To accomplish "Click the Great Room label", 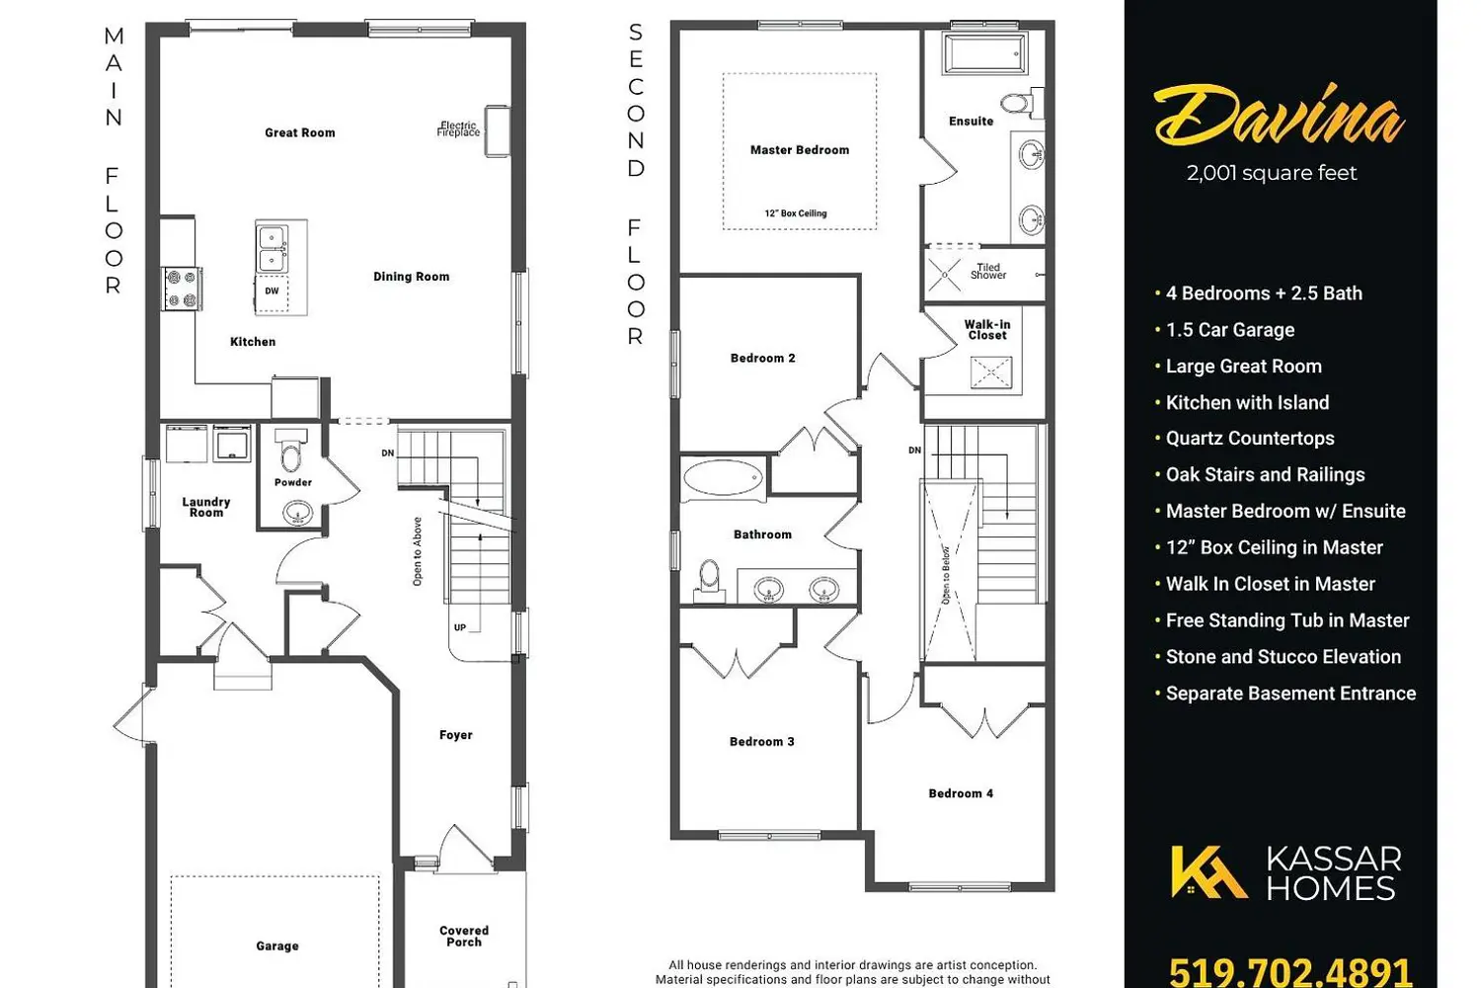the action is coord(299,133).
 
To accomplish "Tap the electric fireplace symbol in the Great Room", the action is coord(498,131).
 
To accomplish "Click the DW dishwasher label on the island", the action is coord(272,290).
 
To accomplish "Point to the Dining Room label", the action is coord(412,277).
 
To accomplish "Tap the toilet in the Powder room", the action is coord(291,450).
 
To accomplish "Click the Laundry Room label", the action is coord(206,507).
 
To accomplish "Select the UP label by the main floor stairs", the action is coord(459,627).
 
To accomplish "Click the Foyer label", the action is coord(456,735).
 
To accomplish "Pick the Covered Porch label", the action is coord(464,936).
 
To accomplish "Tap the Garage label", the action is coord(277,947).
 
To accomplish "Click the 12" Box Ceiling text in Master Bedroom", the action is coord(796,213).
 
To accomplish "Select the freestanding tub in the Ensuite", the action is coord(985,53).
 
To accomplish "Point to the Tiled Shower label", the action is coord(988,272).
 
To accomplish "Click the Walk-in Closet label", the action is coord(987,330).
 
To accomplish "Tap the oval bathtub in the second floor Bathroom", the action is coord(723,478).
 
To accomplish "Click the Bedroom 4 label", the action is coord(961,793).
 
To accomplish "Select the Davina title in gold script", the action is coord(1279,117).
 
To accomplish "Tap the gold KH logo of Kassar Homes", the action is coord(1208,871).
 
